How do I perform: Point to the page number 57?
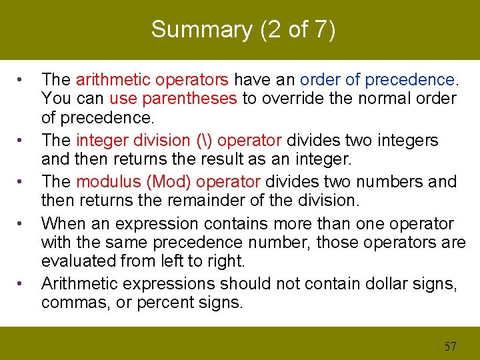pyautogui.click(x=450, y=345)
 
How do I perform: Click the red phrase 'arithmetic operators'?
pyautogui.click(x=153, y=80)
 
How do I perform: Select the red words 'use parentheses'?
pyautogui.click(x=173, y=99)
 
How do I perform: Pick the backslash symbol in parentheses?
pyautogui.click(x=205, y=141)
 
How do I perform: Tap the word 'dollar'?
pyautogui.click(x=394, y=283)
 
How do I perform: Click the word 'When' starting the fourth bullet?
pyautogui.click(x=63, y=223)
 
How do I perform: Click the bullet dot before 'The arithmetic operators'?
pyautogui.click(x=22, y=81)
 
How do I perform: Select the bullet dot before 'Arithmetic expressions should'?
pyautogui.click(x=22, y=285)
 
